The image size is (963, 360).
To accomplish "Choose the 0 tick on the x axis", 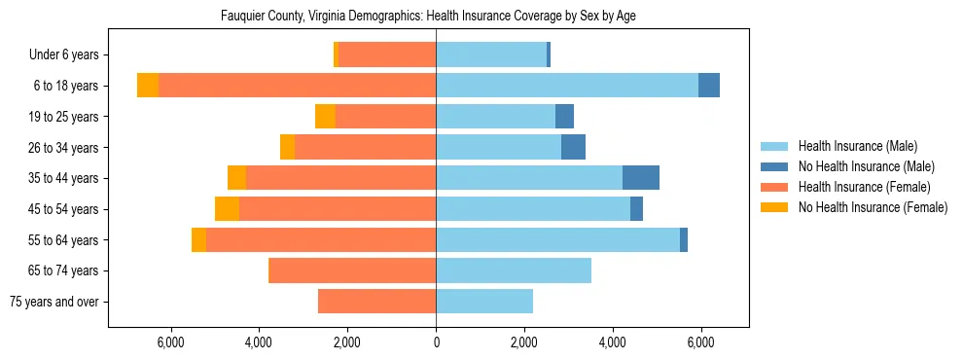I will click(x=436, y=342).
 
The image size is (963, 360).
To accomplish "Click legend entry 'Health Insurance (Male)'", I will click(x=857, y=146).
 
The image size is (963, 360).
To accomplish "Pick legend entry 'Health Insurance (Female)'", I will click(x=864, y=187).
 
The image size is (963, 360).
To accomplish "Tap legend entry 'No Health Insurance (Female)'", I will click(x=873, y=207).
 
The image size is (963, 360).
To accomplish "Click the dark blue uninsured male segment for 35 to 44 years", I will click(x=641, y=178).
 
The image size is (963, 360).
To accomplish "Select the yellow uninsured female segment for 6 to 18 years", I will click(x=148, y=86).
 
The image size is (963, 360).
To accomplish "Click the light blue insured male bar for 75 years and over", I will click(x=484, y=302).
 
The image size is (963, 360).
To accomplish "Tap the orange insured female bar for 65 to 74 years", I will click(x=352, y=270).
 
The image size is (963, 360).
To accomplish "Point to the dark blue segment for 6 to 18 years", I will click(x=709, y=86).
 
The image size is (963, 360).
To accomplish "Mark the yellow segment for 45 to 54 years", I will click(x=227, y=209).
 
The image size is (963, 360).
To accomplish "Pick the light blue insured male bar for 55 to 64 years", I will click(x=557, y=239).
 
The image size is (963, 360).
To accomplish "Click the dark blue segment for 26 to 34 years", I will click(x=573, y=147).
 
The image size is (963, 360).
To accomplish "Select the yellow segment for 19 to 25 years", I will click(x=325, y=117).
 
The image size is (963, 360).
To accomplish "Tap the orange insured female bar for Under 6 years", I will click(x=387, y=54).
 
